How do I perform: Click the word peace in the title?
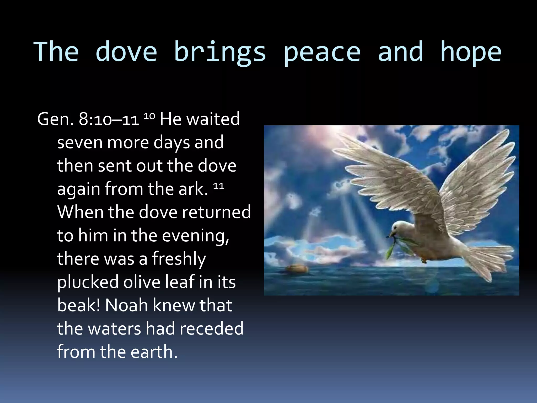[x=322, y=52]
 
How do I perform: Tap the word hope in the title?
[x=470, y=52]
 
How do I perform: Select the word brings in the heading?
[x=220, y=52]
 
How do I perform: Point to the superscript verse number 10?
[x=149, y=116]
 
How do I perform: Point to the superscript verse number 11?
[x=218, y=186]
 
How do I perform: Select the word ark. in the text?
[x=193, y=189]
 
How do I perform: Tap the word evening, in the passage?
[x=195, y=236]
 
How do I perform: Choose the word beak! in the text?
[x=78, y=305]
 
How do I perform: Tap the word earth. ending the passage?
[x=154, y=352]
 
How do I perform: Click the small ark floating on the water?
[x=297, y=268]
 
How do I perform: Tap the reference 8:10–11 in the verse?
[x=109, y=119]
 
